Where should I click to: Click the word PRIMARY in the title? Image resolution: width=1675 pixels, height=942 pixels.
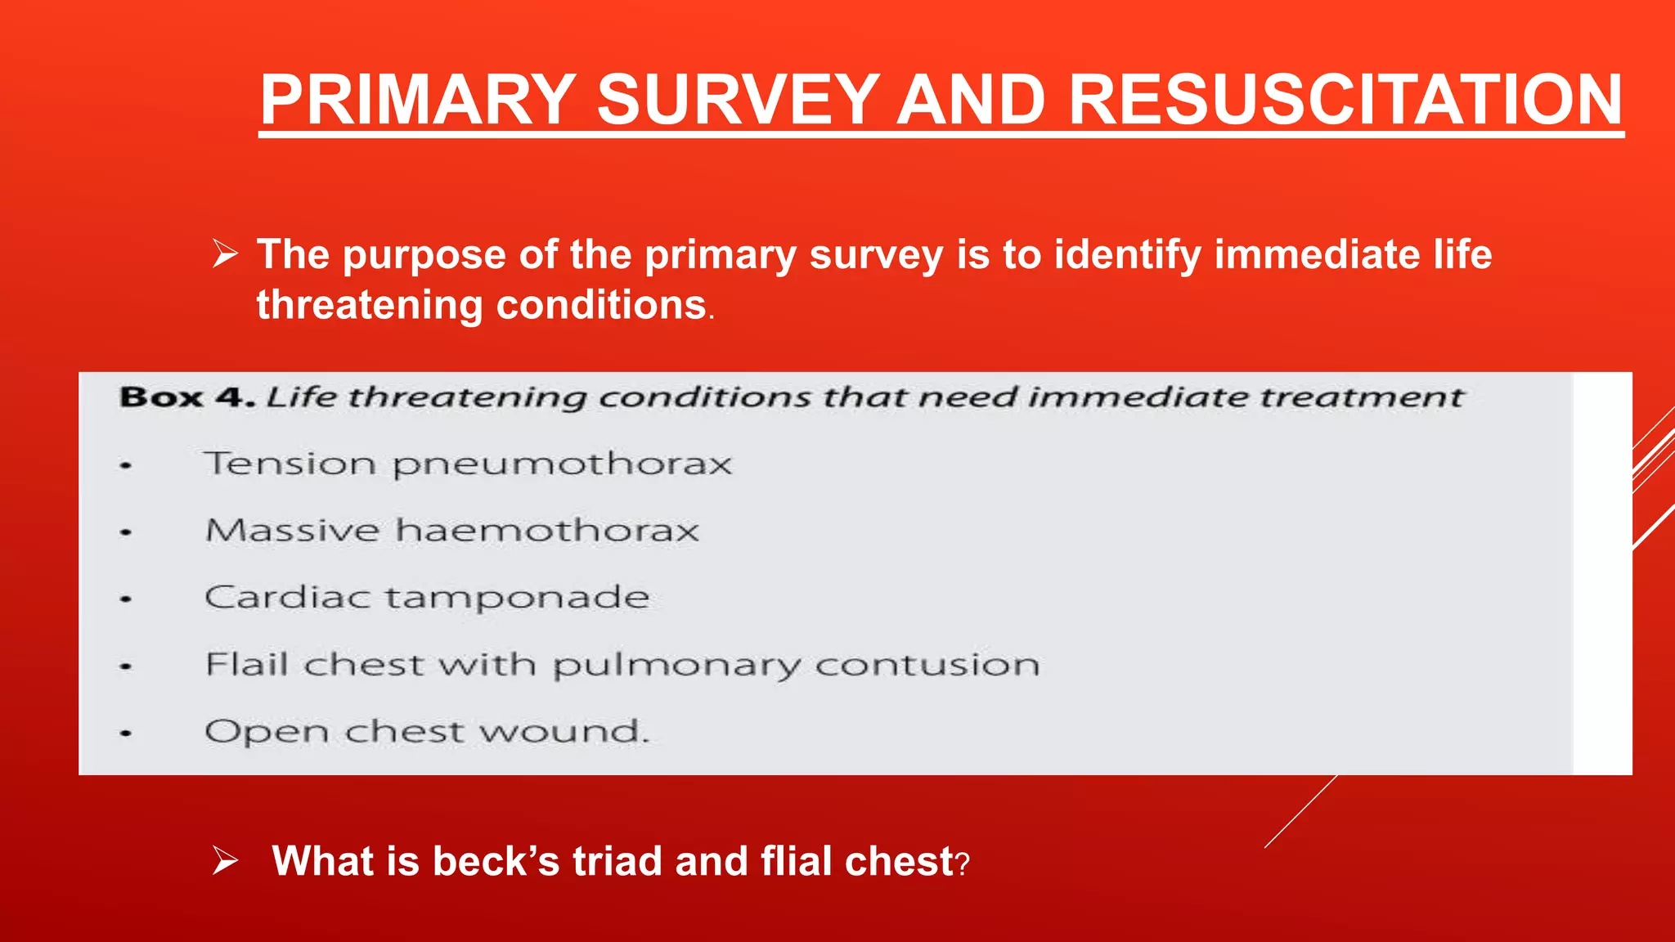tap(418, 100)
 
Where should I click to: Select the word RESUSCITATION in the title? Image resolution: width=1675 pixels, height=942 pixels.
tap(1345, 100)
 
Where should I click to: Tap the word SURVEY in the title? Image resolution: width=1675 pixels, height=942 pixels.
tap(738, 100)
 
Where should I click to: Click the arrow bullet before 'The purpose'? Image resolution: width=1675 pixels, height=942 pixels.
tap(225, 254)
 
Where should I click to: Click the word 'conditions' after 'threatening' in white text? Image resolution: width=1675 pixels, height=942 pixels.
tap(601, 305)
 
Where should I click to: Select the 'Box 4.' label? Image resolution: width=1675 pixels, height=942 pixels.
tap(186, 397)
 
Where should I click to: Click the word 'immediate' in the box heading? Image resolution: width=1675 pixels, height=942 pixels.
tap(1136, 397)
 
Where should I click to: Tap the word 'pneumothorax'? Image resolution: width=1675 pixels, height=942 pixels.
tap(562, 465)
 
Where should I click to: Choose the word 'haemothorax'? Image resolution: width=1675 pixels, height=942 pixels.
tap(547, 531)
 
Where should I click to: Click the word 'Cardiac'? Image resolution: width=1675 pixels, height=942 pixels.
tap(286, 597)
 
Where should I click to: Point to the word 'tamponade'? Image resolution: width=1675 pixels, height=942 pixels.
tap(517, 598)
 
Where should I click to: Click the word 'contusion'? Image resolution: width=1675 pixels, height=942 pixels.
tap(927, 664)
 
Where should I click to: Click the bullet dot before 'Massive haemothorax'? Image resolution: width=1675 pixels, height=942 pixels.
tap(125, 532)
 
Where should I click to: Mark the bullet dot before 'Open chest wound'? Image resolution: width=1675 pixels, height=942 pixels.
tap(125, 733)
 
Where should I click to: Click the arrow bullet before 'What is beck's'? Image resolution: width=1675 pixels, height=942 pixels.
tap(225, 861)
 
